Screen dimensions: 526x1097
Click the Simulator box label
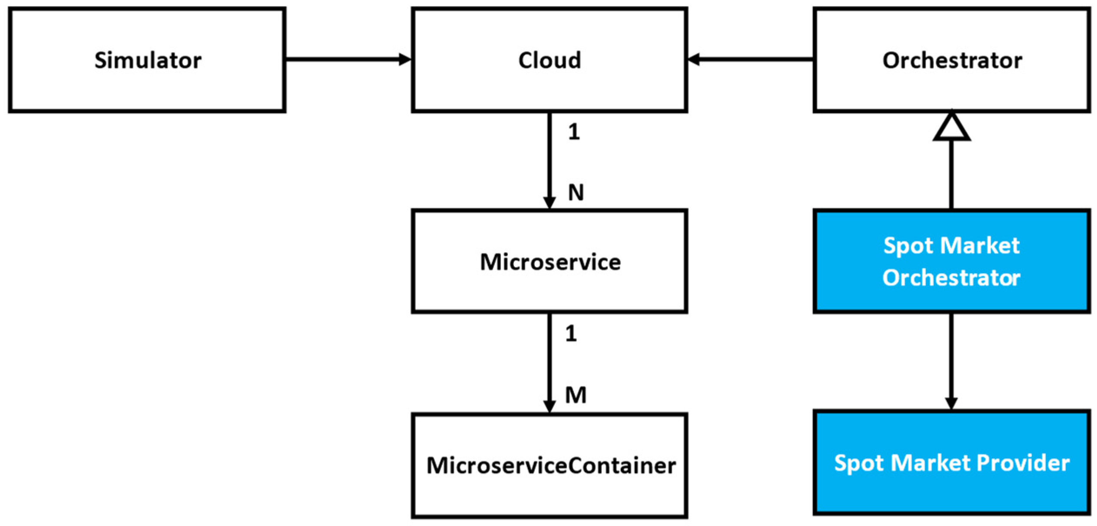[148, 60]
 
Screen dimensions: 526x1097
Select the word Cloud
[549, 60]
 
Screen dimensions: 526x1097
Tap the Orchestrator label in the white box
[951, 60]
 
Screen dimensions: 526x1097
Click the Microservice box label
[550, 262]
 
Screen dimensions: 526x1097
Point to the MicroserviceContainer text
[551, 465]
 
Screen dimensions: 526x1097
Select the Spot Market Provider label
[951, 463]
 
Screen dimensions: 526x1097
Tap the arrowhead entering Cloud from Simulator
[405, 59]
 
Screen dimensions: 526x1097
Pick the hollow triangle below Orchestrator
[951, 127]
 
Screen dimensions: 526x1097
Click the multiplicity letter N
[576, 192]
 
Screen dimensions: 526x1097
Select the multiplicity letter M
[576, 395]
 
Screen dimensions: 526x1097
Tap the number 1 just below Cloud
[573, 131]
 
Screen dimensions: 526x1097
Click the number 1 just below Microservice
[571, 334]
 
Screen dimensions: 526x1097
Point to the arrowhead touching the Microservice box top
[549, 203]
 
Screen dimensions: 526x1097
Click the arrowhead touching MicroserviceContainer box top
[549, 406]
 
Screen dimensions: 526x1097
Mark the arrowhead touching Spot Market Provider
[951, 403]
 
